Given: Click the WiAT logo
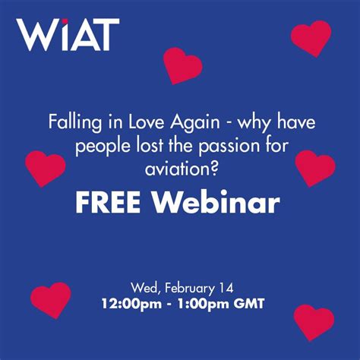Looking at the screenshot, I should [x=68, y=35].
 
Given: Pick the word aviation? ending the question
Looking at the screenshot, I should [x=180, y=169].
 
